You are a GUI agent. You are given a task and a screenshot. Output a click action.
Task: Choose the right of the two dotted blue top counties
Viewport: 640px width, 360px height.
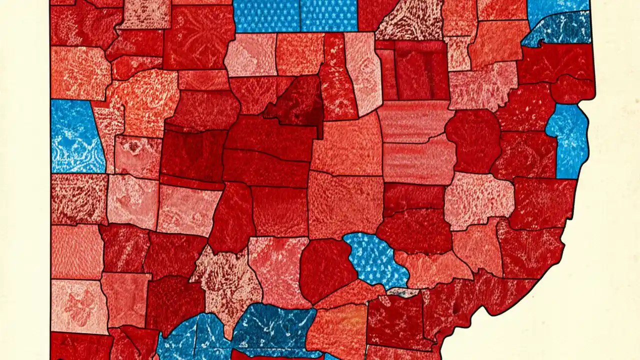pyautogui.click(x=329, y=15)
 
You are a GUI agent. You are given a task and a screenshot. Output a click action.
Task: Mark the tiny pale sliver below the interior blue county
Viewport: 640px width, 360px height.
pyautogui.click(x=402, y=292)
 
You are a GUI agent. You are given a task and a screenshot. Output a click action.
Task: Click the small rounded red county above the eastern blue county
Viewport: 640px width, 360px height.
pyautogui.click(x=572, y=89)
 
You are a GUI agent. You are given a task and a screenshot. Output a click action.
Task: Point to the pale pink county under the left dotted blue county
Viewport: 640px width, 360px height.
pyautogui.click(x=250, y=55)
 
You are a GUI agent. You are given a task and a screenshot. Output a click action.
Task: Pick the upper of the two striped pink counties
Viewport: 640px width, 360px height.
pyautogui.click(x=415, y=120)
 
